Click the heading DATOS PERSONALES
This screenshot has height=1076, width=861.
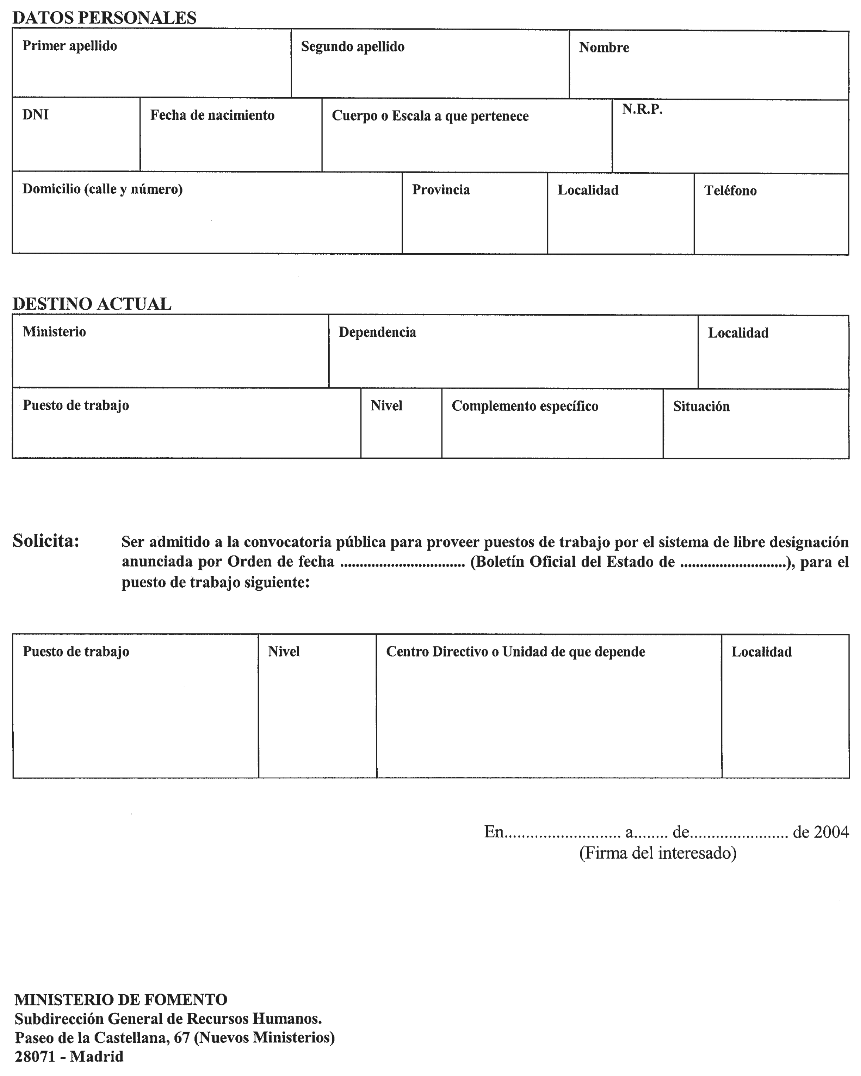click(104, 18)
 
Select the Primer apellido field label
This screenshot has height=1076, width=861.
click(70, 46)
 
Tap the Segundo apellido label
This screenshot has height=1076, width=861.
click(353, 47)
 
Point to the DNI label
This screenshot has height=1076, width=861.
click(35, 115)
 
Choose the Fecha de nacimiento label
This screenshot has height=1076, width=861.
click(212, 115)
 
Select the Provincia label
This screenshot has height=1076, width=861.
click(441, 190)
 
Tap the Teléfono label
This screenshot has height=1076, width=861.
click(730, 191)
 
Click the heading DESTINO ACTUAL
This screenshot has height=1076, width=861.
click(92, 304)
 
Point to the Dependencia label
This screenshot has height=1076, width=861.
click(377, 332)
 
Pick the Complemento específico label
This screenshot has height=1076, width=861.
click(525, 406)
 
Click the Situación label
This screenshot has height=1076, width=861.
click(701, 407)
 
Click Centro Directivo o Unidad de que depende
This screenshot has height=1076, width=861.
click(516, 652)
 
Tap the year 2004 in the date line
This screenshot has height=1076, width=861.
click(831, 832)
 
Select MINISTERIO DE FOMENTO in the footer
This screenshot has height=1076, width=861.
click(121, 999)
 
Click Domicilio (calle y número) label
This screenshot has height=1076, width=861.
click(102, 189)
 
